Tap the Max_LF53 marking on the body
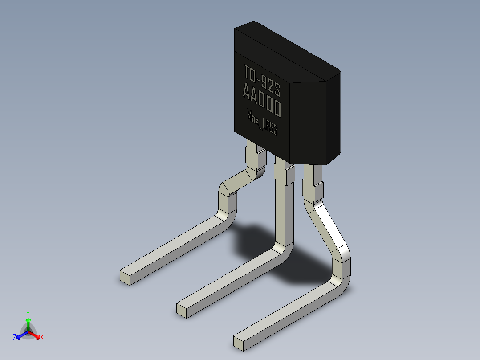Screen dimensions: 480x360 (262, 123)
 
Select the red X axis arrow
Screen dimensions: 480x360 (35, 335)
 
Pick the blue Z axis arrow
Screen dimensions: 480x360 (23, 335)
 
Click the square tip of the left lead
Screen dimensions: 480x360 (125, 278)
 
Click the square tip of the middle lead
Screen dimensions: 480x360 (182, 310)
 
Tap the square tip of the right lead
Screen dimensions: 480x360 (239, 343)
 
